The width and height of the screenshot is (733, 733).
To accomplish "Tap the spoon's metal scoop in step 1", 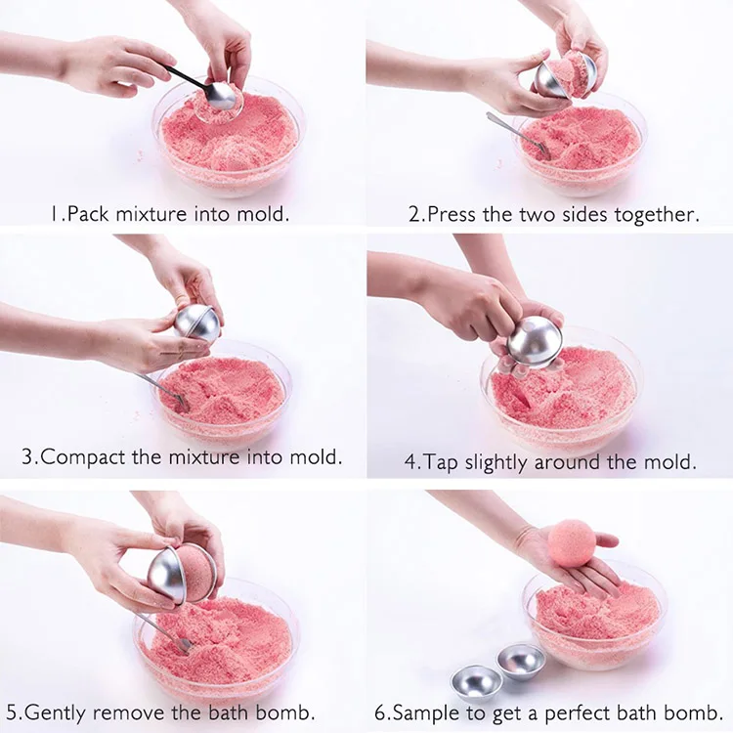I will [x=220, y=95].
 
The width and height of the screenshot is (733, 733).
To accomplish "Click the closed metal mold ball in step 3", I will [x=198, y=323].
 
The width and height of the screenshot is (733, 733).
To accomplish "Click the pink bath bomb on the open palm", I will [x=572, y=542].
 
